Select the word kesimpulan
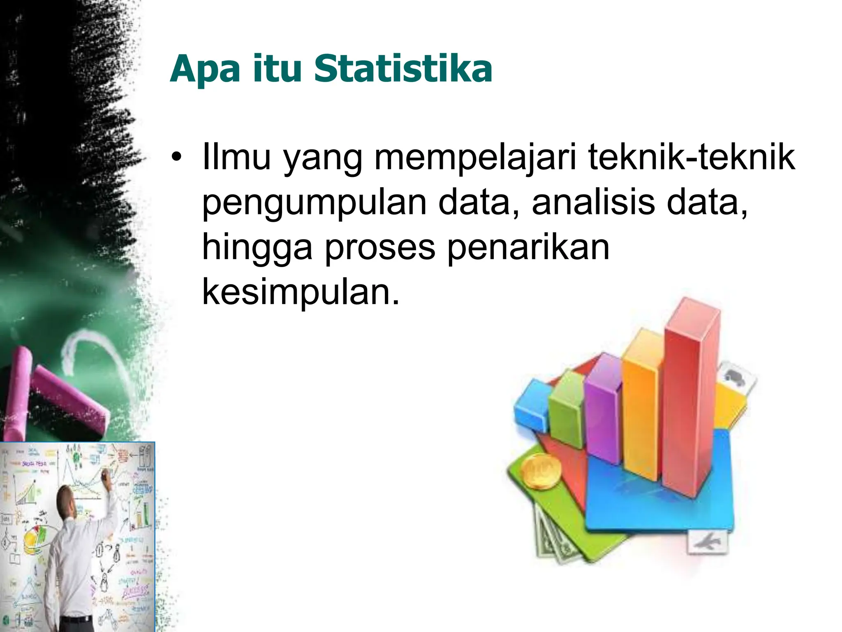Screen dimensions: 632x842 (301, 293)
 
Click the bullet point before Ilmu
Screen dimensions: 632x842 (176, 158)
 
